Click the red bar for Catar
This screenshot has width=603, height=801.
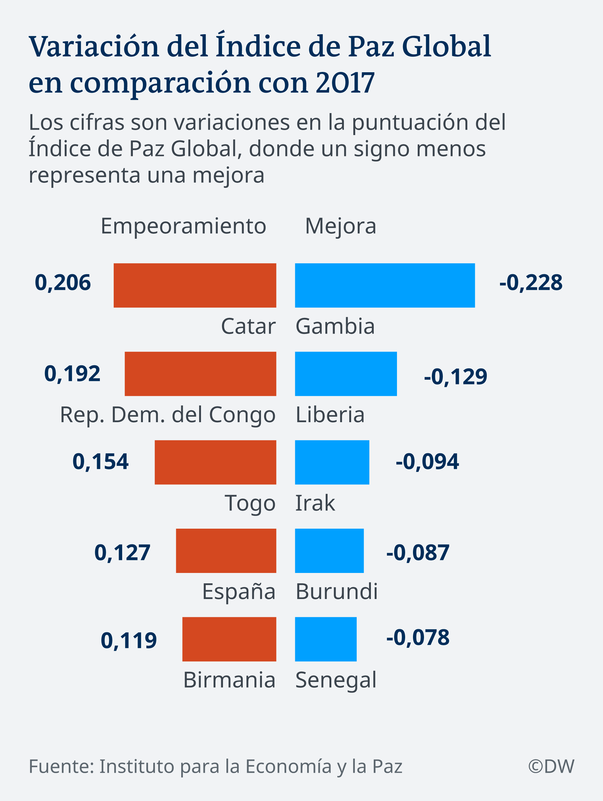click(195, 285)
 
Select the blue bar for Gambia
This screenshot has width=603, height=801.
click(385, 285)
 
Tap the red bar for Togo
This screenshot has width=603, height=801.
click(215, 462)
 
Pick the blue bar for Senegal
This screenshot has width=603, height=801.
click(326, 639)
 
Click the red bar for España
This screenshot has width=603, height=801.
click(226, 551)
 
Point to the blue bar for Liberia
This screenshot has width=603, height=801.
click(346, 374)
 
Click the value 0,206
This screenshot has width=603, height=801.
click(62, 283)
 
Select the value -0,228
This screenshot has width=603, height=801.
click(531, 283)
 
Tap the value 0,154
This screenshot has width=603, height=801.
click(100, 462)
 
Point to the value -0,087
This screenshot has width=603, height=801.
click(418, 553)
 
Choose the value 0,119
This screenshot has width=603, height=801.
click(128, 640)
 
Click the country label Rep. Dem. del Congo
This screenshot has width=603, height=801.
click(168, 415)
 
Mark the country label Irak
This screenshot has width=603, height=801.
click(315, 503)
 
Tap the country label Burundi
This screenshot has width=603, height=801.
click(337, 592)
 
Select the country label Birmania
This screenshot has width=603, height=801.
click(230, 680)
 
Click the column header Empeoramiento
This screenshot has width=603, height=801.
click(183, 226)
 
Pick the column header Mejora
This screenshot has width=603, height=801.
click(340, 226)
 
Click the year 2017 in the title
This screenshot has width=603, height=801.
click(345, 83)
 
